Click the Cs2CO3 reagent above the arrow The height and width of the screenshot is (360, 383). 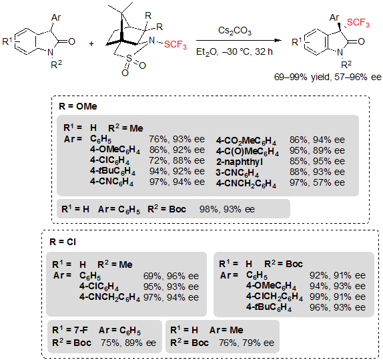[x=234, y=31]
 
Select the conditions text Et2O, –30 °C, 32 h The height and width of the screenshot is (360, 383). [x=234, y=52]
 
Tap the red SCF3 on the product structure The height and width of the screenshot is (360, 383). [x=358, y=23]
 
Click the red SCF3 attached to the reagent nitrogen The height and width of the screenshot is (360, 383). [x=175, y=45]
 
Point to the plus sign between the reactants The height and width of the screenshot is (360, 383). [x=91, y=44]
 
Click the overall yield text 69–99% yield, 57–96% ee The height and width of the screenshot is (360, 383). [x=328, y=77]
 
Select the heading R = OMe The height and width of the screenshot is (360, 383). [x=78, y=106]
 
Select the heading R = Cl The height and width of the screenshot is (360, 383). [x=63, y=242]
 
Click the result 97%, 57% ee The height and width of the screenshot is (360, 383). [x=317, y=183]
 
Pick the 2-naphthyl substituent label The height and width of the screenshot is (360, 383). [x=240, y=162]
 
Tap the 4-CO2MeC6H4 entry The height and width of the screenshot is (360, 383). [x=246, y=141]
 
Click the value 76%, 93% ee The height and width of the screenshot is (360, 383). [x=177, y=139]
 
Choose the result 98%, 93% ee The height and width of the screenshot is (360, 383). [x=227, y=209]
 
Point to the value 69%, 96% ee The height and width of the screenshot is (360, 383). [x=171, y=276]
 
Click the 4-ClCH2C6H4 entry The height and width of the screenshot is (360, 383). [x=274, y=297]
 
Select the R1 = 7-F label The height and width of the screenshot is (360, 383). [x=70, y=330]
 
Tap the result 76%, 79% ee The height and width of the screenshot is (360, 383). [x=246, y=343]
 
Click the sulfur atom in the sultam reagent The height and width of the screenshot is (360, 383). [x=129, y=58]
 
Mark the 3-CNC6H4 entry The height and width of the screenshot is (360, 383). [x=237, y=173]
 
